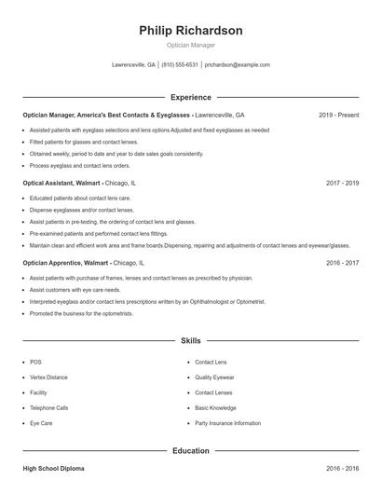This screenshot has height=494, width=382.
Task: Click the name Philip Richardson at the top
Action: click(x=191, y=31)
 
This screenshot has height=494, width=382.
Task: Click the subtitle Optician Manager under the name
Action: click(x=191, y=45)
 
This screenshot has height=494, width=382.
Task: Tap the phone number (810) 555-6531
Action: click(x=180, y=65)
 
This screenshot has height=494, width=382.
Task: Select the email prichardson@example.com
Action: click(x=238, y=65)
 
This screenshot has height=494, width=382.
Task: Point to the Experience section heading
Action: click(x=191, y=97)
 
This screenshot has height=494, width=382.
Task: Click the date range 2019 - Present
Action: click(x=338, y=115)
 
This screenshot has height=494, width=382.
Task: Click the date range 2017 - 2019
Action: click(x=342, y=184)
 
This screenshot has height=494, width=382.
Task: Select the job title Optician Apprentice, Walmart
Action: click(x=67, y=263)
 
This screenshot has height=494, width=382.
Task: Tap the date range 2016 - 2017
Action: click(x=342, y=263)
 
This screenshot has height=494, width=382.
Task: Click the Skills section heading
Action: click(x=191, y=342)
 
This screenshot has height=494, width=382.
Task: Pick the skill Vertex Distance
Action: click(x=48, y=377)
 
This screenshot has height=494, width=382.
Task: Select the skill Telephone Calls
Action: click(x=48, y=407)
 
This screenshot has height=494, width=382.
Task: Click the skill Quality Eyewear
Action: click(x=215, y=377)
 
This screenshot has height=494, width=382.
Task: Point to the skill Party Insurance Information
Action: click(x=227, y=423)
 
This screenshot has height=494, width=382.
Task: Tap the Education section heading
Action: click(x=191, y=451)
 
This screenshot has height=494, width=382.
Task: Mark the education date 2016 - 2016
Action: click(x=342, y=469)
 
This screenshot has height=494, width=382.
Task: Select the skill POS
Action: click(x=35, y=362)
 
